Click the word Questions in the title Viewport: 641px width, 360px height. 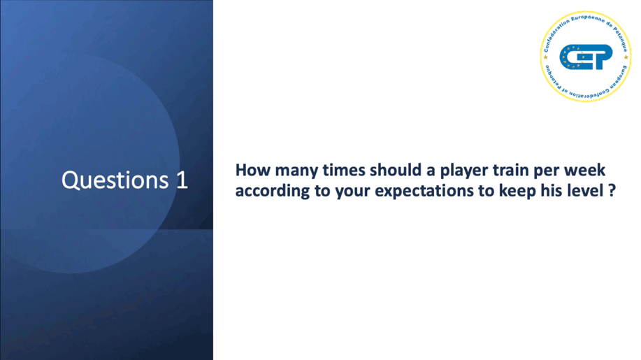point(115,180)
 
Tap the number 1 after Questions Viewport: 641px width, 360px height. point(182,180)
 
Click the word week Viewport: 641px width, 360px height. point(585,170)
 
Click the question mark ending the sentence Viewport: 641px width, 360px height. point(612,191)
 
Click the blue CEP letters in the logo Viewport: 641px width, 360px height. point(586,57)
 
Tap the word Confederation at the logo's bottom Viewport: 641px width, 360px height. point(588,93)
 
